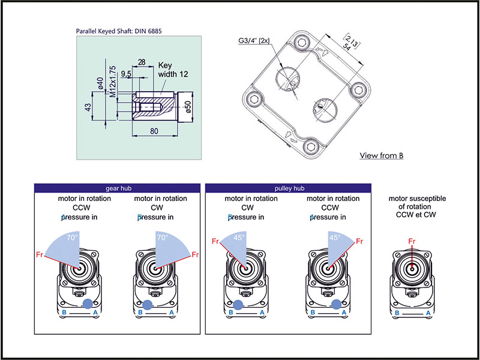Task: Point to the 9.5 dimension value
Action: pos(126,74)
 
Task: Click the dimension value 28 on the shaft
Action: pos(142,62)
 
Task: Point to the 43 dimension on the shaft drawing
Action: pos(88,107)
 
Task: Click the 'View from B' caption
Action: pos(381,156)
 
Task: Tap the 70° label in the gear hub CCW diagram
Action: pos(73,237)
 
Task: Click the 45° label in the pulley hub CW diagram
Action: pos(239,237)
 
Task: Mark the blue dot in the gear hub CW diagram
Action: pos(148,304)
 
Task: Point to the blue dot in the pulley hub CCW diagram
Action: pos(337,304)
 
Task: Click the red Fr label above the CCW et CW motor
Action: pos(412,241)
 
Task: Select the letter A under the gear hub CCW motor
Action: pos(94,313)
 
